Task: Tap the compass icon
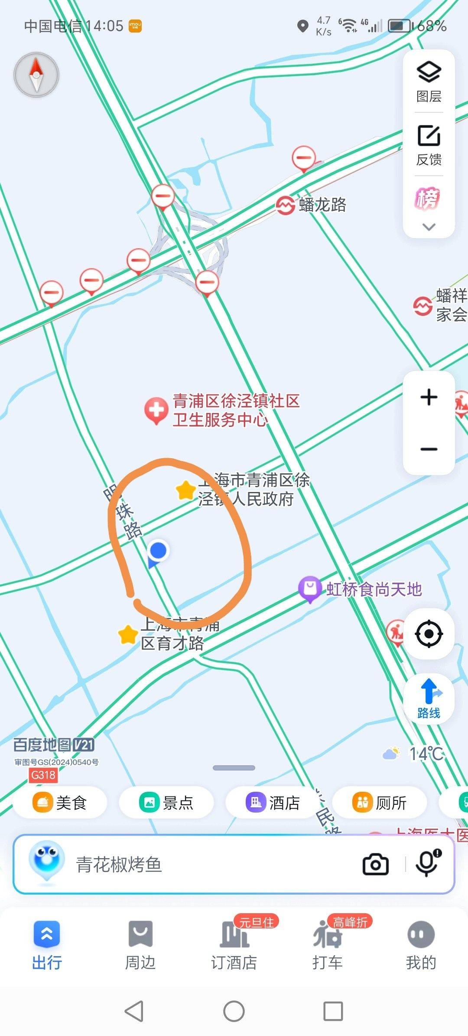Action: (36, 75)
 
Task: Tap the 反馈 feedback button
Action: (429, 144)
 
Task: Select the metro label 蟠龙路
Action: (322, 205)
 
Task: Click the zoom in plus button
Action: (429, 397)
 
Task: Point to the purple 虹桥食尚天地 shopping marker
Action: (309, 588)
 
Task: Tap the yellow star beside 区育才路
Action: (128, 635)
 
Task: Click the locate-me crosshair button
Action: (429, 634)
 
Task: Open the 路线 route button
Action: (429, 699)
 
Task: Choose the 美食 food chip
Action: (60, 803)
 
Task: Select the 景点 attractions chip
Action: (166, 803)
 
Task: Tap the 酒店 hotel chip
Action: (273, 803)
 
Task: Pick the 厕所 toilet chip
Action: (380, 803)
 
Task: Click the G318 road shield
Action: (43, 775)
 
